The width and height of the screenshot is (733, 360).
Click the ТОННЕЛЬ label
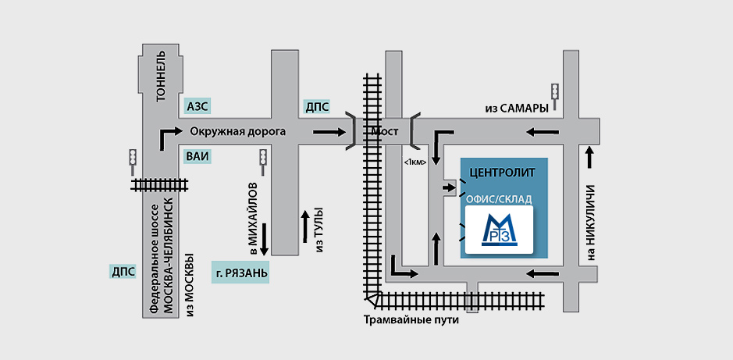pyautogui.click(x=161, y=79)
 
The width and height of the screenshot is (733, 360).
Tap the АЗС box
pyautogui.click(x=198, y=105)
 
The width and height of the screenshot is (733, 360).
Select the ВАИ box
pyautogui.click(x=198, y=156)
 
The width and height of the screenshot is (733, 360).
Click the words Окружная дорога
pyautogui.click(x=233, y=131)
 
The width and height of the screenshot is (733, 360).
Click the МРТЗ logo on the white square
pyautogui.click(x=499, y=230)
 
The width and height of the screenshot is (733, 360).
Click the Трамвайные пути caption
pyautogui.click(x=411, y=320)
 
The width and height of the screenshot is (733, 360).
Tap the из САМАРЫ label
pyautogui.click(x=508, y=109)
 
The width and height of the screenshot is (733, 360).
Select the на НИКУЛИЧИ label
pyautogui.click(x=591, y=223)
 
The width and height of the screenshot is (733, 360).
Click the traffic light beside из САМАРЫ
pyautogui.click(x=555, y=93)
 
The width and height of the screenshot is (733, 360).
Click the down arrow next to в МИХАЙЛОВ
pyautogui.click(x=264, y=238)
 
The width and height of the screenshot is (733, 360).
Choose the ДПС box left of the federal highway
pyautogui.click(x=123, y=272)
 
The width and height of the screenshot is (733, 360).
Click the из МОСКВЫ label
pyautogui.click(x=190, y=285)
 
